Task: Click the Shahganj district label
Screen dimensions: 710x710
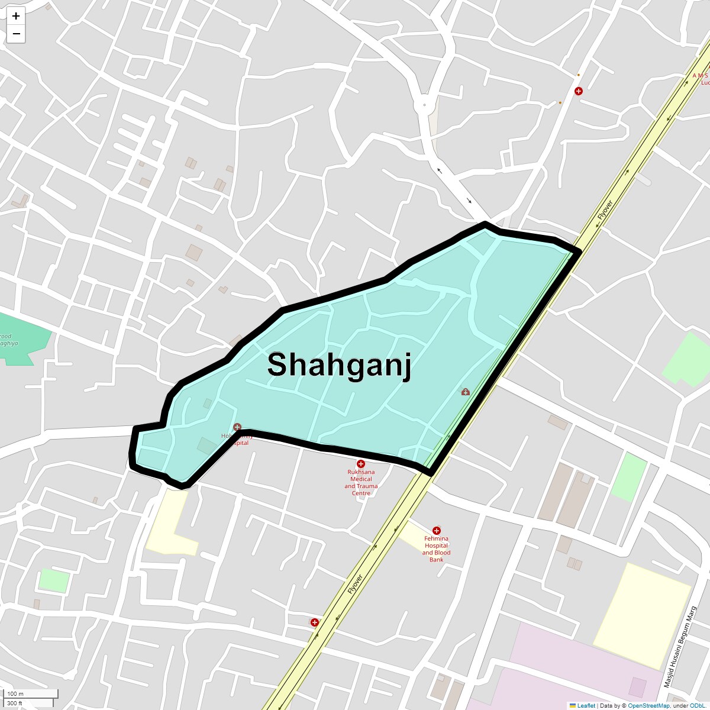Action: click(x=339, y=364)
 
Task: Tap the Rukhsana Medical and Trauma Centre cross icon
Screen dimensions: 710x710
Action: click(x=361, y=464)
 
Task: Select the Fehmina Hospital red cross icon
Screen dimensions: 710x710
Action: click(x=437, y=531)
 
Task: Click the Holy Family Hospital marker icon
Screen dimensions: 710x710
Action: click(x=237, y=427)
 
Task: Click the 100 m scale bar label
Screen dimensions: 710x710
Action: click(x=16, y=693)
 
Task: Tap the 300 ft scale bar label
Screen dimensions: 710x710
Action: click(x=15, y=703)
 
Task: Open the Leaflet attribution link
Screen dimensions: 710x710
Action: click(x=586, y=705)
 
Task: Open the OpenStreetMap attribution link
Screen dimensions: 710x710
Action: click(x=648, y=705)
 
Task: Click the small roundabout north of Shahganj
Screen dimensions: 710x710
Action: click(x=424, y=105)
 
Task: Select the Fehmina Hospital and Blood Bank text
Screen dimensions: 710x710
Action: click(x=436, y=549)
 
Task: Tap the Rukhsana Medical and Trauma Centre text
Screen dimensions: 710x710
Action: click(x=361, y=482)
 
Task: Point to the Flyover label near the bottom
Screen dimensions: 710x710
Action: click(x=355, y=584)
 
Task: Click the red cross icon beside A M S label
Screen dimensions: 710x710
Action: click(x=579, y=91)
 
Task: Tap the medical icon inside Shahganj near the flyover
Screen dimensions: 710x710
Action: click(x=466, y=392)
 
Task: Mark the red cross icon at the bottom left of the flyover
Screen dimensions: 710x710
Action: click(x=315, y=622)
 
